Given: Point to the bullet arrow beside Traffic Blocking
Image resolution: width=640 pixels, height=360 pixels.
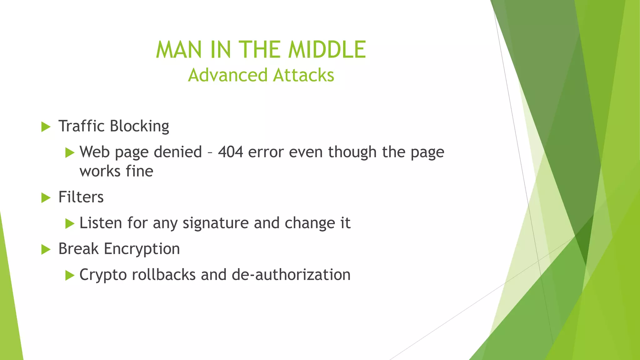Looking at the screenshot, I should [x=46, y=127].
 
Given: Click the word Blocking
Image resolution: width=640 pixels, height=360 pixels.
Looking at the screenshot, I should [x=139, y=126].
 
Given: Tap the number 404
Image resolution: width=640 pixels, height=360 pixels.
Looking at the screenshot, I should [x=230, y=152].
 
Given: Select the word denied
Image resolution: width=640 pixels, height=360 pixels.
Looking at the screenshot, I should [x=178, y=152].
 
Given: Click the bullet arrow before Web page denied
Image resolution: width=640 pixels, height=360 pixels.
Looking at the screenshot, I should [x=70, y=153].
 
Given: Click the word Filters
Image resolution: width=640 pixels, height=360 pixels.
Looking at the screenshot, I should [x=81, y=197].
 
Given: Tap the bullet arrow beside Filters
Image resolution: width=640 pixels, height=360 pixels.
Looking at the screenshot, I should [x=46, y=198].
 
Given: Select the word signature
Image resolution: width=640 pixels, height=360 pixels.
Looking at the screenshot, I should [x=216, y=223].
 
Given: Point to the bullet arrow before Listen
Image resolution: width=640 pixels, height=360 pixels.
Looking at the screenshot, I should [x=70, y=224].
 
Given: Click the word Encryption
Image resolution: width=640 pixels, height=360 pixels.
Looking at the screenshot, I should [x=142, y=249].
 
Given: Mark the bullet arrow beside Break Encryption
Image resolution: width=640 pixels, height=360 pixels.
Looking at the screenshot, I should [x=46, y=250].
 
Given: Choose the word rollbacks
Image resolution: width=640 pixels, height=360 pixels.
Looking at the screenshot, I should [x=164, y=275].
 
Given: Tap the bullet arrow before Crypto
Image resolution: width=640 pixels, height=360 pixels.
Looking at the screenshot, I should [x=70, y=276].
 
